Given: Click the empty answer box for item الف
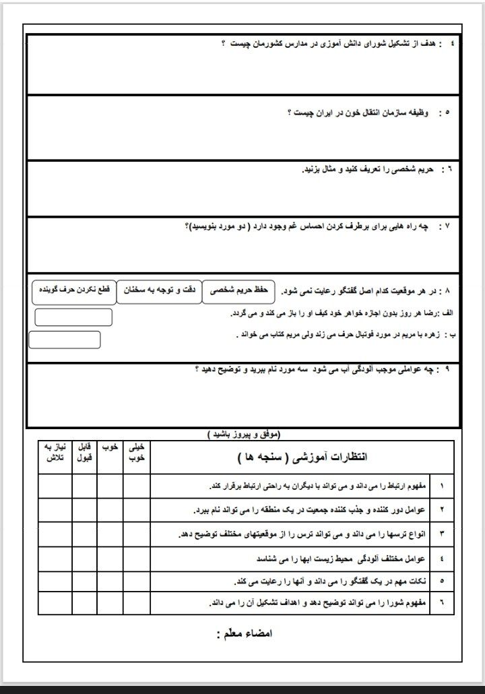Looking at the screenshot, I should (x=73, y=317).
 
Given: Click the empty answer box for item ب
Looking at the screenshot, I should (x=65, y=340).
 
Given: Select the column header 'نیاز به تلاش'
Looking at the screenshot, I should (x=55, y=452).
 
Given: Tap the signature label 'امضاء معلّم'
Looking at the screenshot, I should (x=243, y=634).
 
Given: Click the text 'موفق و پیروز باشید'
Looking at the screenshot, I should (x=243, y=435).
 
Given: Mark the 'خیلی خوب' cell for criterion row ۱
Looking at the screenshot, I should (x=137, y=485).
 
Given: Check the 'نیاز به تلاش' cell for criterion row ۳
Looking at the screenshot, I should (x=55, y=534).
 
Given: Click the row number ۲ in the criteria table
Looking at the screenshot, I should (x=442, y=509).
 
